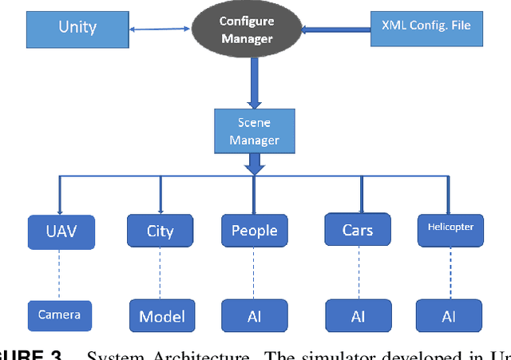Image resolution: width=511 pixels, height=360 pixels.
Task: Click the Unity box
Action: tap(77, 27)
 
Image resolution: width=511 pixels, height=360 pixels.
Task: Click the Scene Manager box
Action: tap(255, 132)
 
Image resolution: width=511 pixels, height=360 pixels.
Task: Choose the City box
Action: tap(160, 231)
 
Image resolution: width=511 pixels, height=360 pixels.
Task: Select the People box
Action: tap(254, 231)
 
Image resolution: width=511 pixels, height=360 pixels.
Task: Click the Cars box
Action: tap(358, 230)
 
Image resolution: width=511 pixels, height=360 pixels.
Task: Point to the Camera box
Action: tap(59, 315)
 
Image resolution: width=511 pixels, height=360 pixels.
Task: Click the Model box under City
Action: tap(162, 315)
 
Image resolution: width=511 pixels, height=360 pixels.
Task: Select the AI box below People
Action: tap(254, 316)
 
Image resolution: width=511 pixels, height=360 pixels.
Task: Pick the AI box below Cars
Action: tap(358, 316)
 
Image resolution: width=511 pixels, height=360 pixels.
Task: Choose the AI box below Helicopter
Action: tap(449, 316)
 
